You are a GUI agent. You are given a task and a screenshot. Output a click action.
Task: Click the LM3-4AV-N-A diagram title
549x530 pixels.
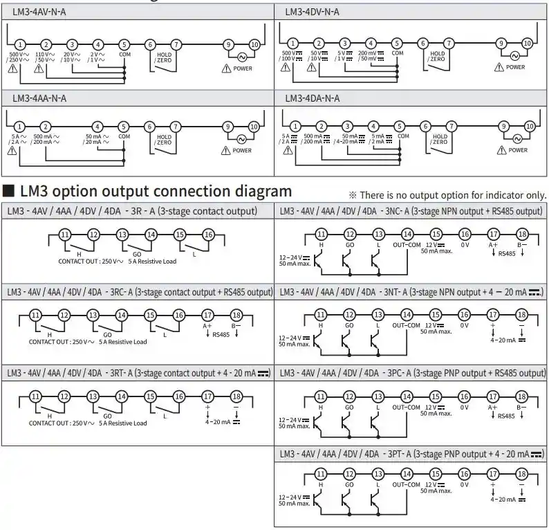click(39, 11)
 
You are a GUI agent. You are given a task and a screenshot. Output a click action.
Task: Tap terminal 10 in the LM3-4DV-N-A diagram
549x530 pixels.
click(527, 43)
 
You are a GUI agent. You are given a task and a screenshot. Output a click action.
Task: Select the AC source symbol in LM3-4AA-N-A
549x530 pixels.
click(242, 139)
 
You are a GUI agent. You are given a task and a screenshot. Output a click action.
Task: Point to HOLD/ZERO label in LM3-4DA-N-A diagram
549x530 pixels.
click(440, 140)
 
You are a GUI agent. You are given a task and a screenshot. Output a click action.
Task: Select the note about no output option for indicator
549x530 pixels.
click(448, 195)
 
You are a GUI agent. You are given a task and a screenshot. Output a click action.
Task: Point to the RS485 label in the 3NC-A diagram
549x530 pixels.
click(507, 254)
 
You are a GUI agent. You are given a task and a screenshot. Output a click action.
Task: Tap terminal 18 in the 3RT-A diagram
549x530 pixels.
click(236, 397)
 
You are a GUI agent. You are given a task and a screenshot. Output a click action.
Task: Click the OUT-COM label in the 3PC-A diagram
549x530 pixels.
click(407, 407)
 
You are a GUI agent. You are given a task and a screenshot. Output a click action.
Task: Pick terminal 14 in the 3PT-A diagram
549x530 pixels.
click(407, 474)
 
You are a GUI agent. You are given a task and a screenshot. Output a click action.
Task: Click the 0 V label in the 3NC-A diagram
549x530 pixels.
click(464, 245)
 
